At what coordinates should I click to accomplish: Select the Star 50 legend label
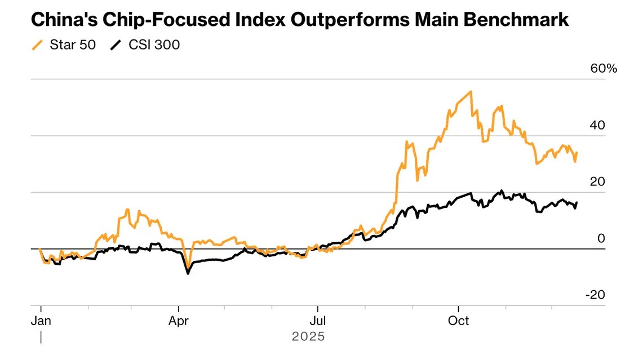[73, 45]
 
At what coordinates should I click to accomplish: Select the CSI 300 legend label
[154, 45]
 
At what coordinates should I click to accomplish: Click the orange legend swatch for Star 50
[38, 45]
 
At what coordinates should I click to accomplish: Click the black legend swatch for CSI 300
[116, 45]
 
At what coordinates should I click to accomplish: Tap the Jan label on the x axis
[41, 321]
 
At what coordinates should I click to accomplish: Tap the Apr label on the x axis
[179, 321]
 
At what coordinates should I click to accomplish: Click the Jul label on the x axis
[317, 321]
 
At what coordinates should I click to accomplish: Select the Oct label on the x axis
[458, 321]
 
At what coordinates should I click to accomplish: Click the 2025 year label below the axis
[308, 337]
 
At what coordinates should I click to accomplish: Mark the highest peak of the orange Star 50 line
[471, 91]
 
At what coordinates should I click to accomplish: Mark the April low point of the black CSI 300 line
[188, 274]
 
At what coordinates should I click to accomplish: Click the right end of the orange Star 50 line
[577, 153]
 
